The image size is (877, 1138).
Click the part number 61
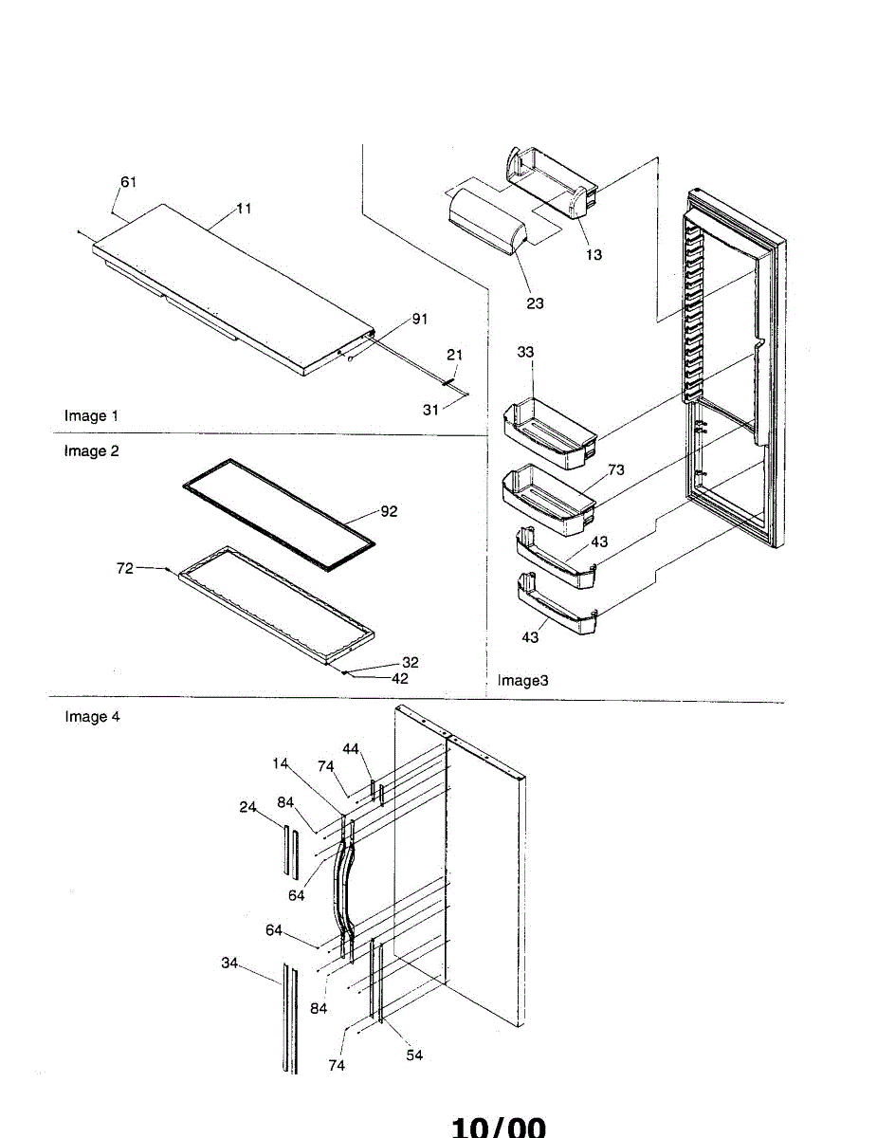[x=129, y=182]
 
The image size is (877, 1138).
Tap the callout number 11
[x=244, y=209]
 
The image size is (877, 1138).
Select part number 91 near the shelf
[x=420, y=319]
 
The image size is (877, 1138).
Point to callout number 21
[x=454, y=355]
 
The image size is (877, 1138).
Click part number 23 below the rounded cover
[x=535, y=303]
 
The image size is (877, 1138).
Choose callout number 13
[x=594, y=254]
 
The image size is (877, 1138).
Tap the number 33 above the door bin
[x=525, y=352]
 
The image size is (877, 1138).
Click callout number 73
[x=616, y=469]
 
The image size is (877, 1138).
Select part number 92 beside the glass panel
[x=389, y=511]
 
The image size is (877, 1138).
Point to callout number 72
[x=124, y=568]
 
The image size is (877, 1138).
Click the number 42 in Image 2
[x=399, y=678]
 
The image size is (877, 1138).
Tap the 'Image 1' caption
[x=91, y=415]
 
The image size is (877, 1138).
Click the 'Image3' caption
[x=522, y=680]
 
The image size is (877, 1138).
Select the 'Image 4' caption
[x=92, y=716]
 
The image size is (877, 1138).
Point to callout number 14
[x=280, y=763]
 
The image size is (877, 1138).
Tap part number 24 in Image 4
[x=247, y=807]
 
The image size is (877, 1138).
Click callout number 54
[x=414, y=1055]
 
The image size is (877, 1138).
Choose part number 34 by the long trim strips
[x=229, y=964]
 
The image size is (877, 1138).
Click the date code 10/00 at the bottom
[x=499, y=1127]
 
